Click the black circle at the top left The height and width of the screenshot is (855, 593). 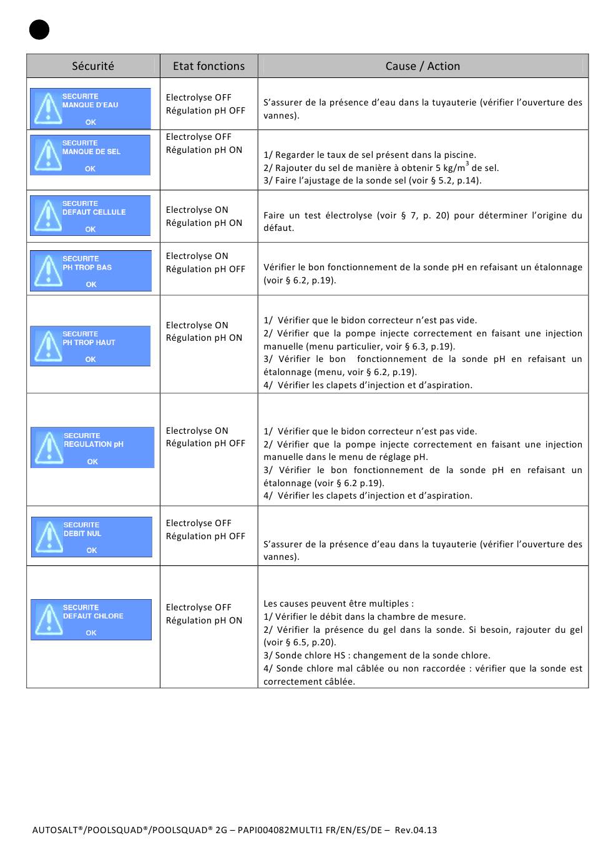coord(39,29)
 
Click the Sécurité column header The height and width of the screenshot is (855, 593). coord(93,66)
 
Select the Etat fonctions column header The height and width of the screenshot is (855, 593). coord(208,66)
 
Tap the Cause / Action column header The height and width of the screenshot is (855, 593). coord(423,66)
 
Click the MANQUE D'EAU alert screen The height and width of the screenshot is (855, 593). coord(91,109)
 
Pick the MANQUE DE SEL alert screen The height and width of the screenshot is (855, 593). coord(91,155)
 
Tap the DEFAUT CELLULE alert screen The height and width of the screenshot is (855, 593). coord(91,216)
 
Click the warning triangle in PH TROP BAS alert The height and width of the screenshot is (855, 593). coord(47,271)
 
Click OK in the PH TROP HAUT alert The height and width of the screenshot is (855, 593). coord(91,359)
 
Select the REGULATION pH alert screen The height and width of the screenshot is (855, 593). coord(92,447)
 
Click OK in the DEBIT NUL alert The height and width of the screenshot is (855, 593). coord(92,550)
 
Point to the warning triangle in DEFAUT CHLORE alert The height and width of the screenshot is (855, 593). coord(47,620)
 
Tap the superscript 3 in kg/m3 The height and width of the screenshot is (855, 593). coord(467,164)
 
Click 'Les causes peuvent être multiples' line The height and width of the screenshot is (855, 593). coord(338,603)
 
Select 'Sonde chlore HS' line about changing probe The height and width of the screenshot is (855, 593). coord(376,655)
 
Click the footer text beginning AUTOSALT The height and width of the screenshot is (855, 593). coord(234,830)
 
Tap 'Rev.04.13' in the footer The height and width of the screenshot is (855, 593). coord(416,830)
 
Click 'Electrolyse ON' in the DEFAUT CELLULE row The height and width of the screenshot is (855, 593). coord(197,210)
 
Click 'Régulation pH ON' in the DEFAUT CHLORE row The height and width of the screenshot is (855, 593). coord(204,620)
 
